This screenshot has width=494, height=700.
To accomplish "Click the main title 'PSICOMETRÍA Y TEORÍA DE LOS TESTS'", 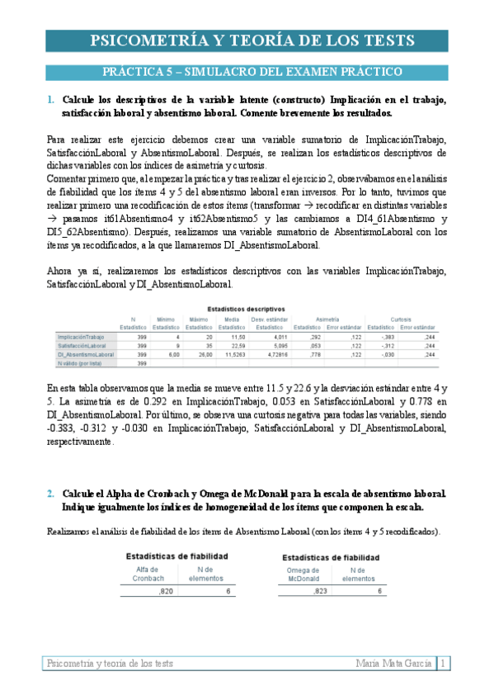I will coord(247,42).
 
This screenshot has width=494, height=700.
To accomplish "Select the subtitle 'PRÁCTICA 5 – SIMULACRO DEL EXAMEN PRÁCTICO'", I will coord(247,72).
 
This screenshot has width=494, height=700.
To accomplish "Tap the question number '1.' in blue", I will coord(51,100).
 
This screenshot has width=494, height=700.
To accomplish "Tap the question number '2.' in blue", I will coord(51,493).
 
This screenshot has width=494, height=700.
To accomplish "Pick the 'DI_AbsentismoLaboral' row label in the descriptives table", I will coord(86,354).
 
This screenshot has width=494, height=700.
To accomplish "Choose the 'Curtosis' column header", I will coord(401,319).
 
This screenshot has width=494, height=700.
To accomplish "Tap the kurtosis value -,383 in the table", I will coord(388,337).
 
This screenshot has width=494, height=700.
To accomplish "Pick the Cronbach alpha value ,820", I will coord(165,591).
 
